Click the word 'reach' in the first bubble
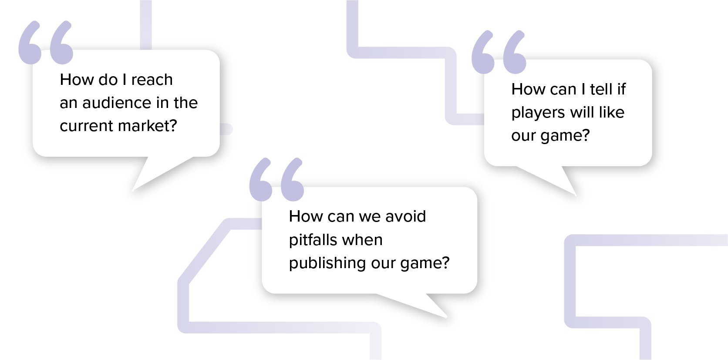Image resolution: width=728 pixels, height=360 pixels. (x=152, y=80)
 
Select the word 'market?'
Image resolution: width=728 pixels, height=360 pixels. (x=148, y=126)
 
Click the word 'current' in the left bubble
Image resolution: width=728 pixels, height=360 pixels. (x=87, y=126)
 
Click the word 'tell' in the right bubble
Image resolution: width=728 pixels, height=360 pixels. (x=601, y=89)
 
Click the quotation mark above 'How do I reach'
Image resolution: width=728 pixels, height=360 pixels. (x=45, y=42)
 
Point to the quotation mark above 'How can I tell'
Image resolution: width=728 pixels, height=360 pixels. (x=499, y=52)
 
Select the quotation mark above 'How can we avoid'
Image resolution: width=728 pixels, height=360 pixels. (x=276, y=179)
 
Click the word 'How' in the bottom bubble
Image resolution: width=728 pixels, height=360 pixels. (x=303, y=216)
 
